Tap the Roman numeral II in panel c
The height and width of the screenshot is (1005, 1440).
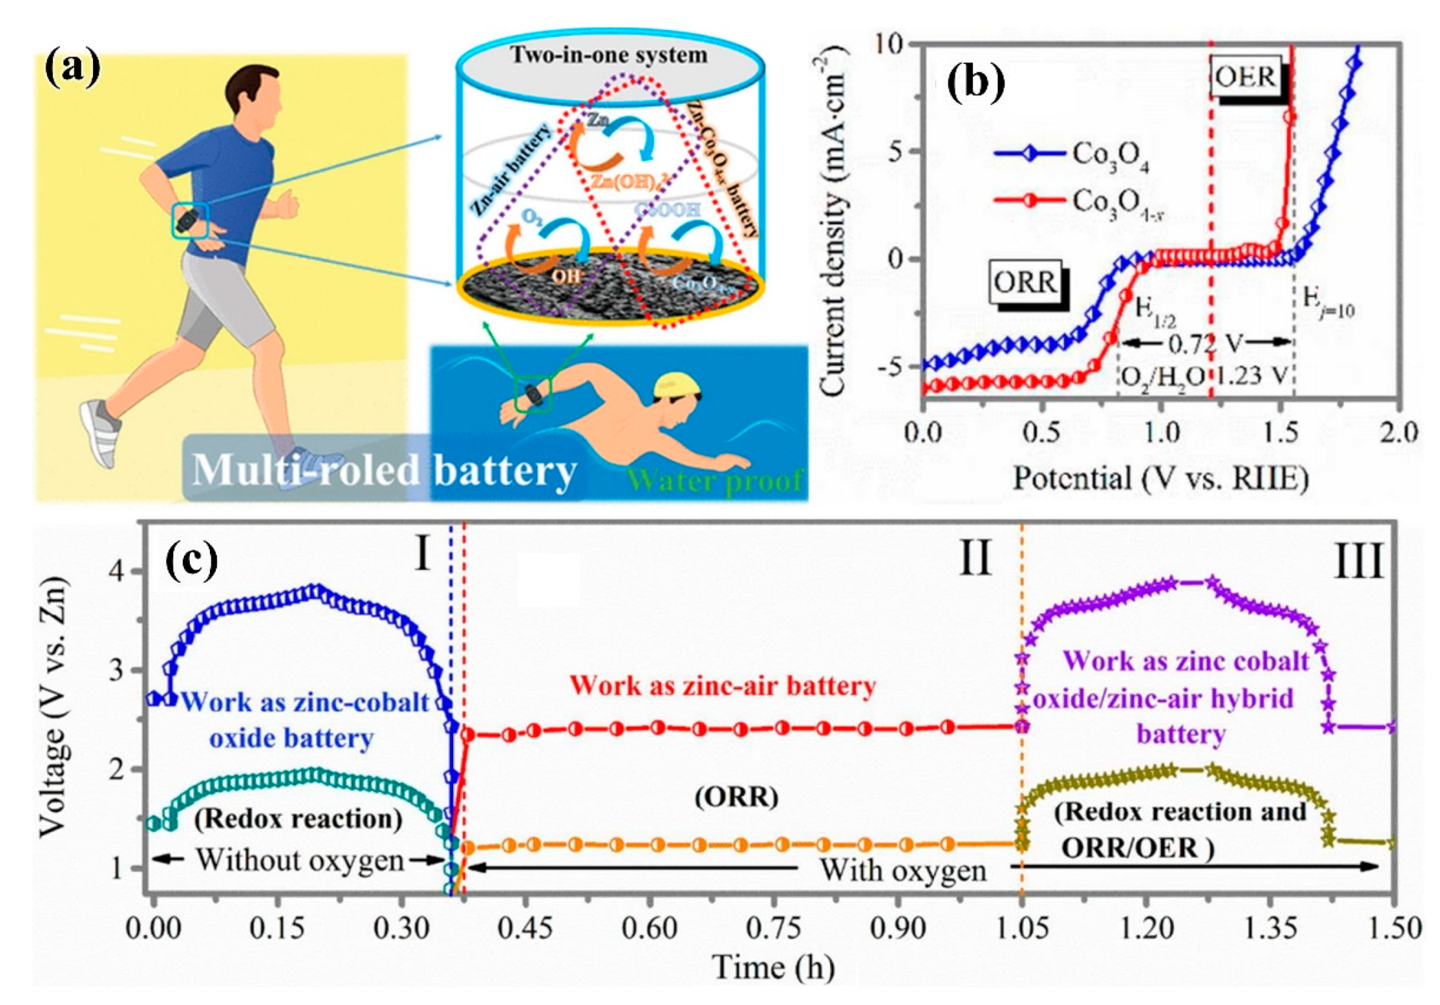pos(974,559)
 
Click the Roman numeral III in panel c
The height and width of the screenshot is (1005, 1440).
pos(1358,562)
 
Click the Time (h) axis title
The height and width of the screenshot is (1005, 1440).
pos(773,967)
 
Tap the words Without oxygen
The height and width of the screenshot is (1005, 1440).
pos(300,860)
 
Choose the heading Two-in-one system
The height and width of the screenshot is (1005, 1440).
pos(609,55)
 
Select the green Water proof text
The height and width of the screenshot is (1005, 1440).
pos(714,480)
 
